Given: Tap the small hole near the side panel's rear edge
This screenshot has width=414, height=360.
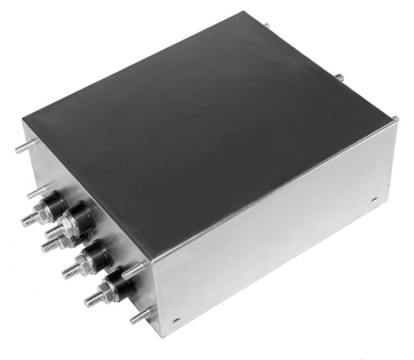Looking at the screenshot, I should [x=374, y=199].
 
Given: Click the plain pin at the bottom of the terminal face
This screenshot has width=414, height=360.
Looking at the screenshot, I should [x=138, y=315].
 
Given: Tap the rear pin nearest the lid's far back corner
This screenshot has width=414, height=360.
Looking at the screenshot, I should [x=266, y=26].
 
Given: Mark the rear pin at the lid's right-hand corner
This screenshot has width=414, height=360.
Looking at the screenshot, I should [x=395, y=118].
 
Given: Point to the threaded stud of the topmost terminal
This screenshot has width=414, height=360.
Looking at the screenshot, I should [x=29, y=219].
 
